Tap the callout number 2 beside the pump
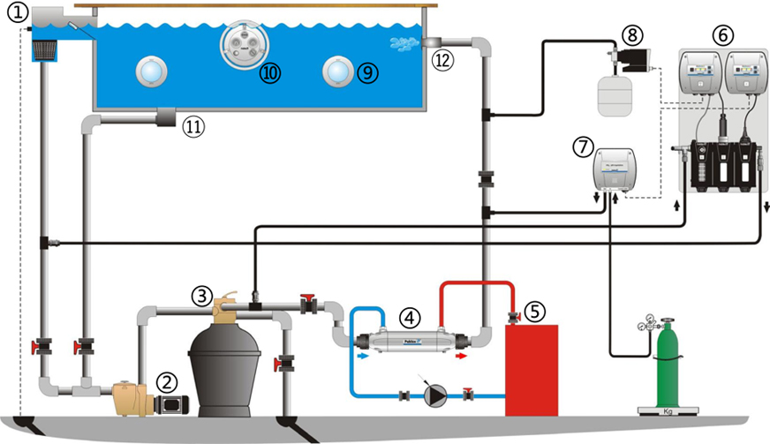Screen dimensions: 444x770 coord(167,381)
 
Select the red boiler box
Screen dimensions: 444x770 coord(532,369)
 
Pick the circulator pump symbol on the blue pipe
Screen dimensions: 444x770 coord(433,395)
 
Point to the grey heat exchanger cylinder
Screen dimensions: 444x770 coord(411,339)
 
